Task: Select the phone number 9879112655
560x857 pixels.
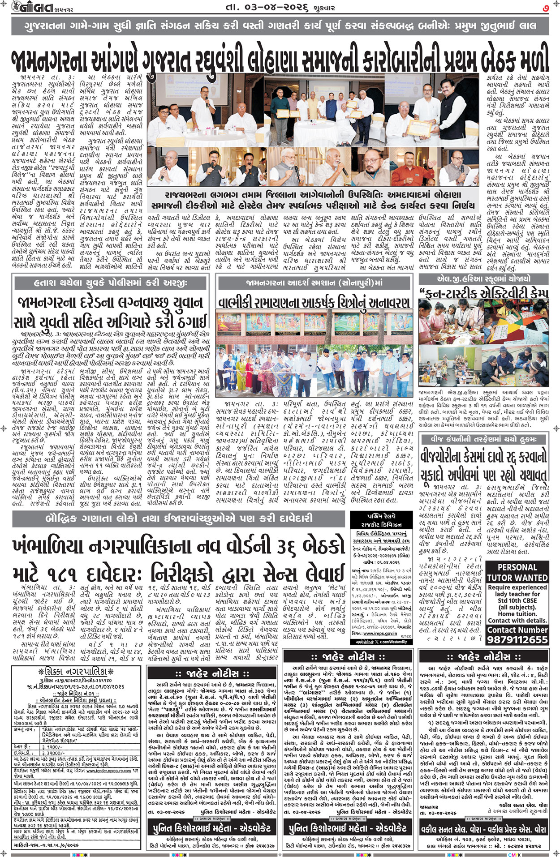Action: [x=517, y=640]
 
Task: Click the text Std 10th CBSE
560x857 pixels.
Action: [x=517, y=600]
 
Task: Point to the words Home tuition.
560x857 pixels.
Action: [x=517, y=614]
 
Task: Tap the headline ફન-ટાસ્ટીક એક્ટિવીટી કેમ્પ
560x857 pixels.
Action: [x=484, y=293]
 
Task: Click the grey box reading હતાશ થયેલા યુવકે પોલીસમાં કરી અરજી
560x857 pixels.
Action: [x=110, y=283]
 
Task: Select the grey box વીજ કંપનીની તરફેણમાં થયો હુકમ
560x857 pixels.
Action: [x=483, y=438]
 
